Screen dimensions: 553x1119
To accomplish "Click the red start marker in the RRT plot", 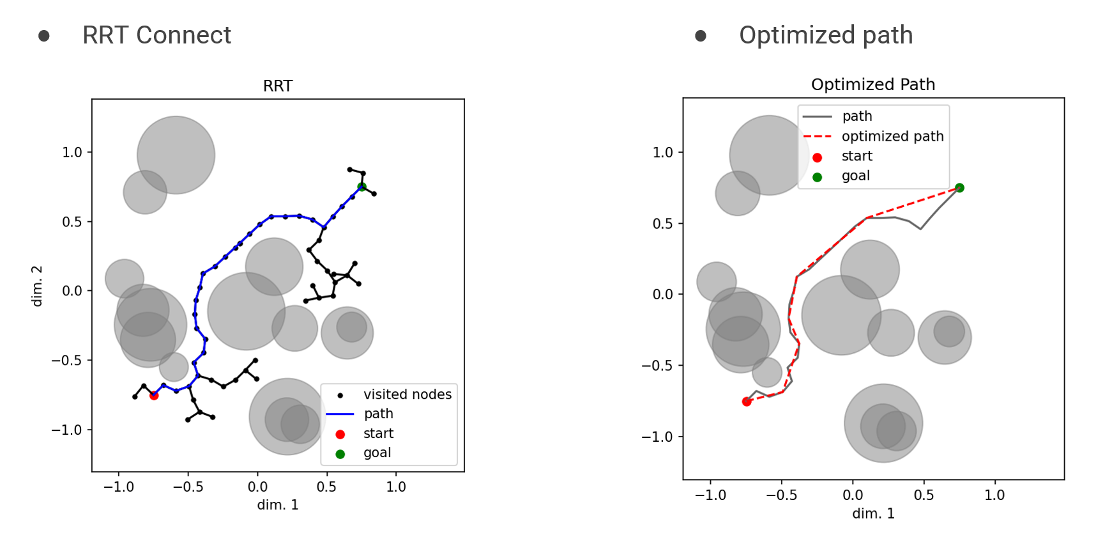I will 154,396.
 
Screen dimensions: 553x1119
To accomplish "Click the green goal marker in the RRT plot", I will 362,187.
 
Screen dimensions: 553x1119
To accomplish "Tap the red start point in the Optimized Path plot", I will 747,401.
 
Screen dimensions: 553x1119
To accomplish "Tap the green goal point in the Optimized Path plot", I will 959,188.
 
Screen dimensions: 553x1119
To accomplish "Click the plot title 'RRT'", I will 278,86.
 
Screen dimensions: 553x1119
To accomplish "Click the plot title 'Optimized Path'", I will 872,84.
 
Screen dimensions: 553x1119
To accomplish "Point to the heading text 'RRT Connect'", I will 156,35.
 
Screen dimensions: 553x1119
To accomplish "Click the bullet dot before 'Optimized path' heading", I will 701,36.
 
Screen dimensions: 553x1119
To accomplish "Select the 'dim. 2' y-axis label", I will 37,286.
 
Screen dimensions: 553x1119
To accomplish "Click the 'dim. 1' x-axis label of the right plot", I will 873,513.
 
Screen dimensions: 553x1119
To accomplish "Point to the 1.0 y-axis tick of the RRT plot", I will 72,152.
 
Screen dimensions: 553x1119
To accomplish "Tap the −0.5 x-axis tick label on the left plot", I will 188,487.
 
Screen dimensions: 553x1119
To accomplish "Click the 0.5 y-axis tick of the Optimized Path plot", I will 663,224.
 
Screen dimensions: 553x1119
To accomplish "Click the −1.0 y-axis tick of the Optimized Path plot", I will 658,437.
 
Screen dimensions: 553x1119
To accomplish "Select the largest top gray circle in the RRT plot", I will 176,155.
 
